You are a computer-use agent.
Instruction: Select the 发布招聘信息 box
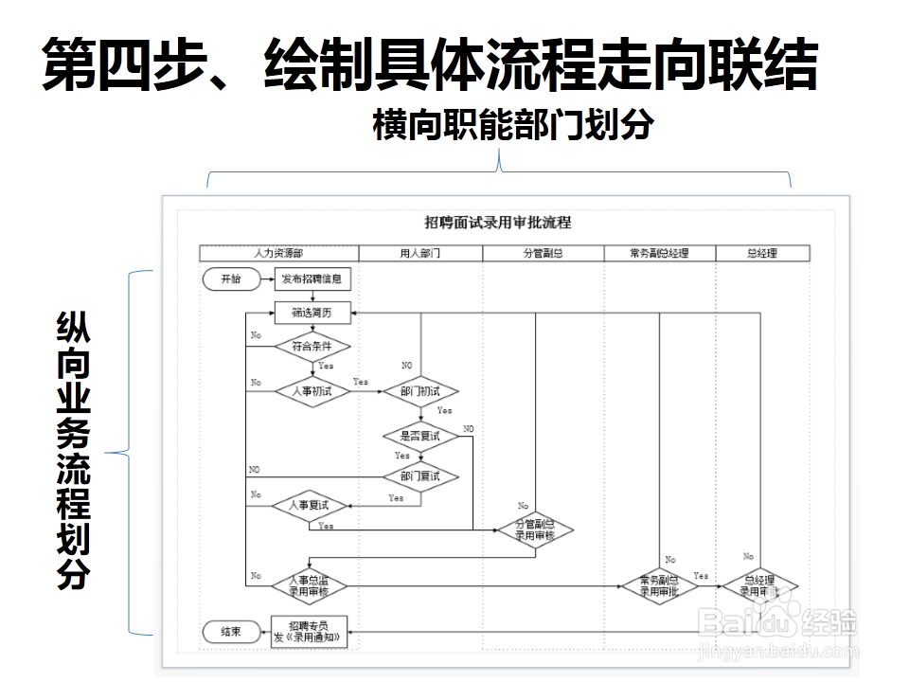[x=312, y=278]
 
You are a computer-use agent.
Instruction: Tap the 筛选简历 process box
[x=312, y=311]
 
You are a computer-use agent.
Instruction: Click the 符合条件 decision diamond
[x=312, y=347]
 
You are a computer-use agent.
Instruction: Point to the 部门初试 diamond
[x=419, y=391]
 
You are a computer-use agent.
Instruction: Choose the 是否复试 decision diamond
[x=419, y=436]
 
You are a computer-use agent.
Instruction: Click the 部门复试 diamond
[x=419, y=476]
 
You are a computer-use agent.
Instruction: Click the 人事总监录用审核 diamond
[x=309, y=585]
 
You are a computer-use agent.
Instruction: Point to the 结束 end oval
[x=230, y=632]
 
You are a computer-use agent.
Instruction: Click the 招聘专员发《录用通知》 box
[x=311, y=632]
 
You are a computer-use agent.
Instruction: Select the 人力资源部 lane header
[x=279, y=253]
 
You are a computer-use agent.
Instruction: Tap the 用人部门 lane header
[x=420, y=253]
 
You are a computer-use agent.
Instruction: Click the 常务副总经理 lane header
[x=659, y=253]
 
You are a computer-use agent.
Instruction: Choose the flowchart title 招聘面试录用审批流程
[x=498, y=224]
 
